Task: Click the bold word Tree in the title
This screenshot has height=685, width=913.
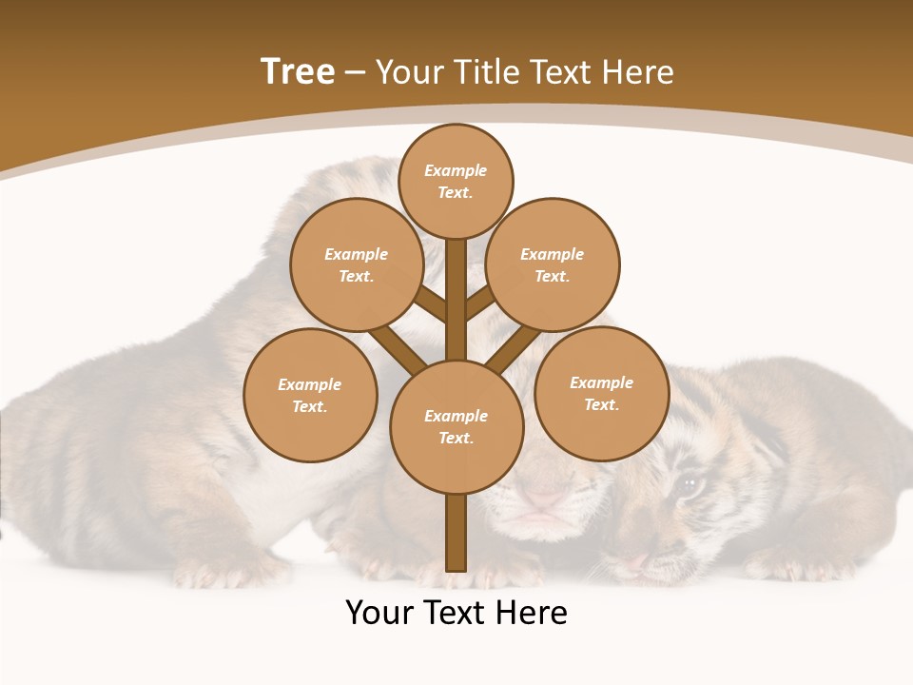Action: tap(298, 72)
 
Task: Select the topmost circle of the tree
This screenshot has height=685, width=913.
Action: tap(456, 181)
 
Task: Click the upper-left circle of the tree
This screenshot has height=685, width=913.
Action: tap(356, 264)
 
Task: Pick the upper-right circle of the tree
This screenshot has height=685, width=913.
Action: tap(553, 264)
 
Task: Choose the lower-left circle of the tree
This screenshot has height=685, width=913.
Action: tap(310, 395)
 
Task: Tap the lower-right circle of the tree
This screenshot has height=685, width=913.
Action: tap(601, 393)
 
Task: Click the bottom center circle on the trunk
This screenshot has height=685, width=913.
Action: tap(456, 426)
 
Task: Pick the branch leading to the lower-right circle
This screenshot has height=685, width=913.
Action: tap(513, 347)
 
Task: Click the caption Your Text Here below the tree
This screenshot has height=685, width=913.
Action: tap(456, 613)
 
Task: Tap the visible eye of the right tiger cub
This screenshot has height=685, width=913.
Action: tap(689, 486)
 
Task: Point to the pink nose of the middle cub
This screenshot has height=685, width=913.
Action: tap(545, 498)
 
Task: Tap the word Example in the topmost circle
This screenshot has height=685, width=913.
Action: tap(456, 170)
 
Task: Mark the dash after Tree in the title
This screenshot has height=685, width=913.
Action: tap(355, 73)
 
